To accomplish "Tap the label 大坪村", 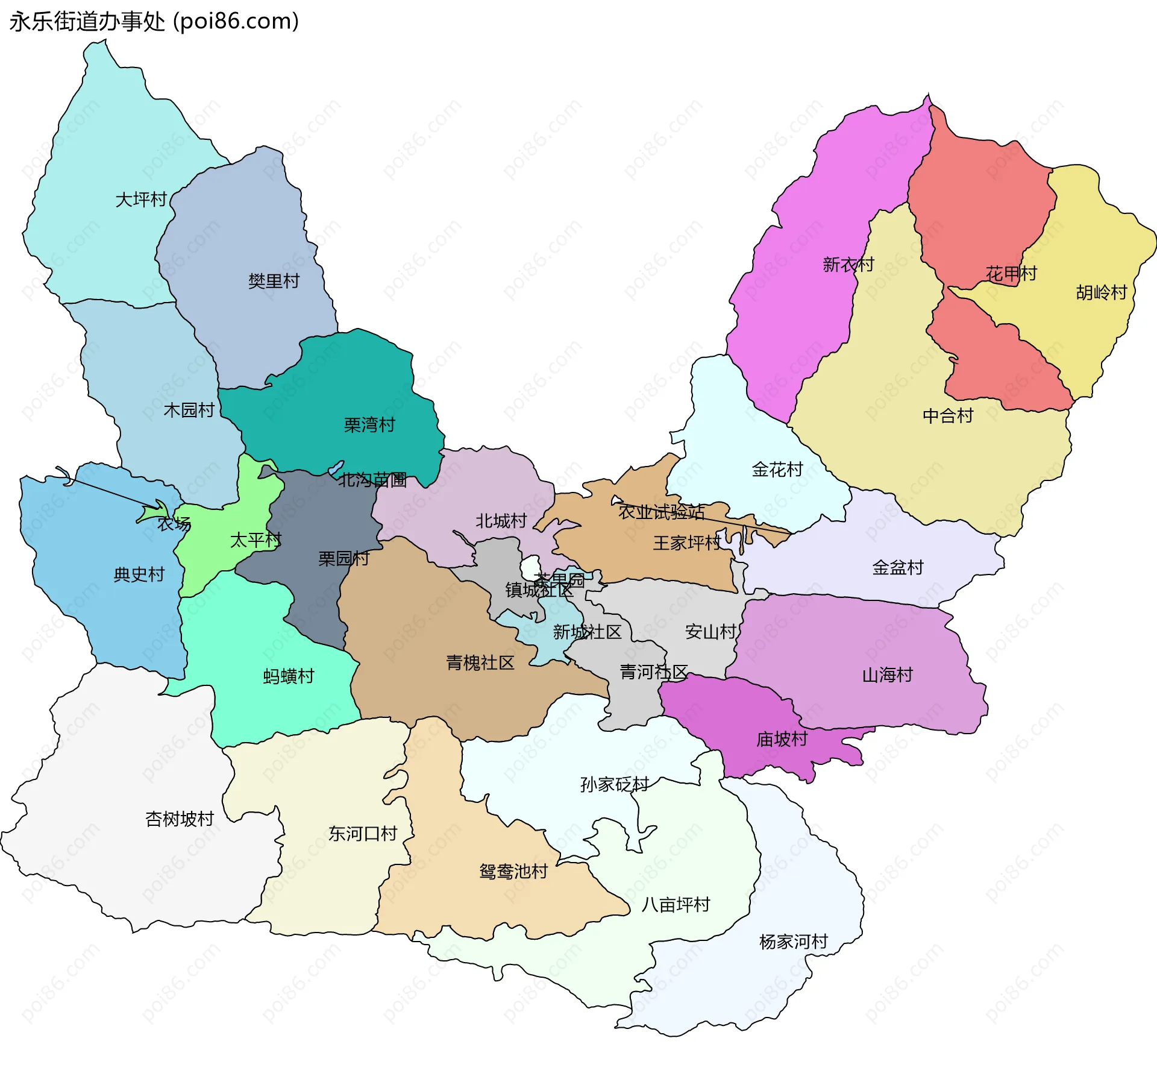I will point(140,200).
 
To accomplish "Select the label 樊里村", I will point(274,281).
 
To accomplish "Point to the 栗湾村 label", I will point(369,425).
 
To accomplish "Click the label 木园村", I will point(189,411).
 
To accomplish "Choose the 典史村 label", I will point(139,574).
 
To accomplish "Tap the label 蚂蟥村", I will point(289,676).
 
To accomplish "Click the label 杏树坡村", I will point(180,819).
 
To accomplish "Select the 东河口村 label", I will point(362,834).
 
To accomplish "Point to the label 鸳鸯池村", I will point(513,872).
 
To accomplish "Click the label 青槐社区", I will point(480,663).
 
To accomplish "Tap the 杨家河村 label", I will point(793,942).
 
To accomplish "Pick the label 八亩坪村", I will point(676,905).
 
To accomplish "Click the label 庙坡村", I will point(782,739).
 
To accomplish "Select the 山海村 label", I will point(887,675).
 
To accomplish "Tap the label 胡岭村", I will point(1101,293).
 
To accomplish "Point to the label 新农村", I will point(848,265).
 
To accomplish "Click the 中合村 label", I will point(947,416).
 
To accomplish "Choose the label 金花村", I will point(777,470).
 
